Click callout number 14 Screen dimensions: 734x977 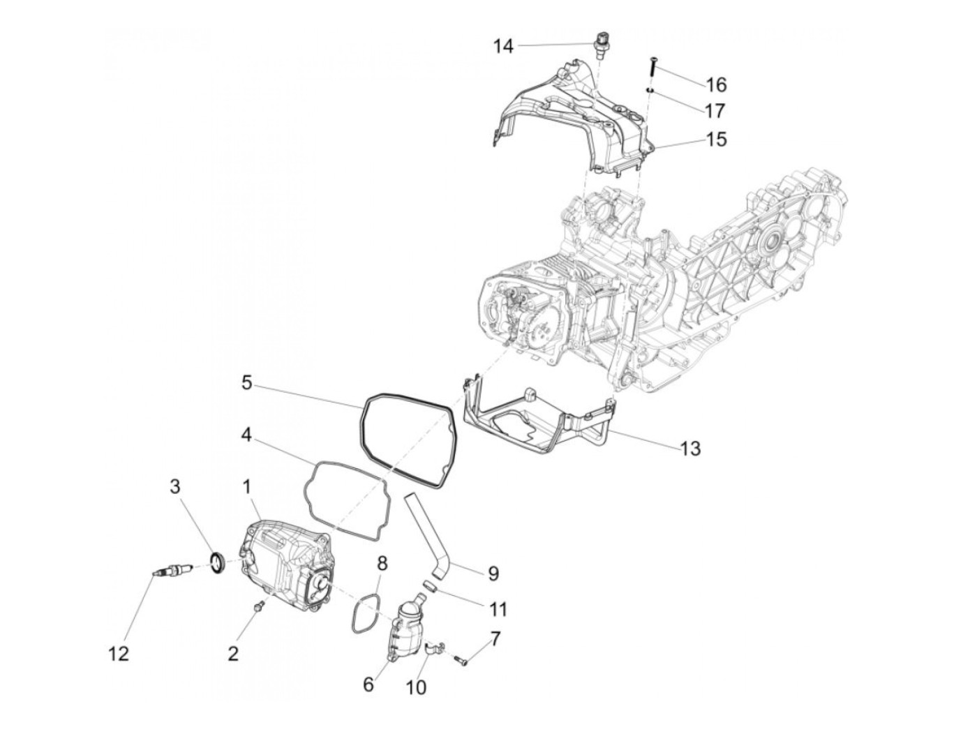[x=503, y=46]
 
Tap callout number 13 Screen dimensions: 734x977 [x=690, y=448]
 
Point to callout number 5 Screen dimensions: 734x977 [x=246, y=382]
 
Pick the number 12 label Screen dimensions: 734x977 [x=119, y=654]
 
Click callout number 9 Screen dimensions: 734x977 [x=493, y=574]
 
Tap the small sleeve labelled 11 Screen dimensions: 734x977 [x=431, y=586]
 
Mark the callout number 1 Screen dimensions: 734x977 [x=247, y=487]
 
